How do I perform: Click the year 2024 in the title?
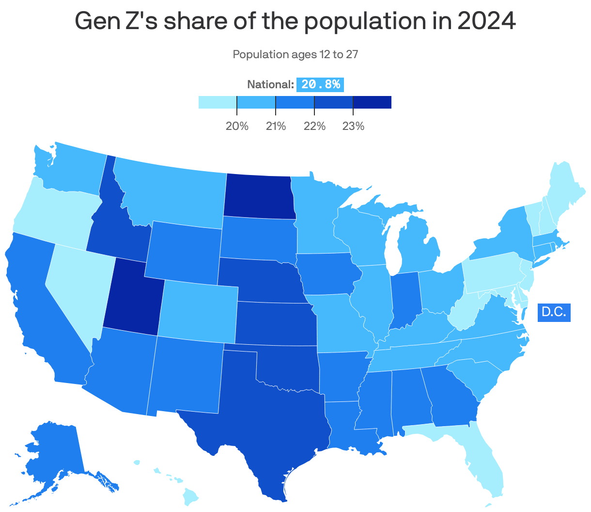pos(486,21)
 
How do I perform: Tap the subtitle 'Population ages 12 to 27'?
pos(295,54)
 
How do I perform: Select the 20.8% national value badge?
pos(320,84)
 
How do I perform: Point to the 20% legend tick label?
pos(237,127)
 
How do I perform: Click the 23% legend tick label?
pos(353,127)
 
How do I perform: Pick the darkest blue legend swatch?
pos(372,102)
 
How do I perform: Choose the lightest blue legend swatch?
pos(218,102)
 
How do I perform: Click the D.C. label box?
pos(554,312)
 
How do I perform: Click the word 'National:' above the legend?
pos(270,84)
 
